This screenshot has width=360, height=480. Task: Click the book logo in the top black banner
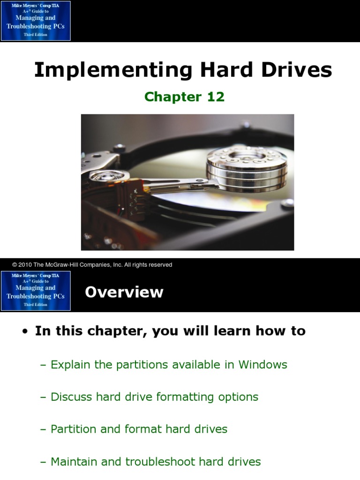click(x=36, y=21)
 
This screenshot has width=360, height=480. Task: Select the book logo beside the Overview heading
click(x=36, y=291)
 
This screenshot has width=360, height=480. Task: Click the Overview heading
click(x=124, y=292)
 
